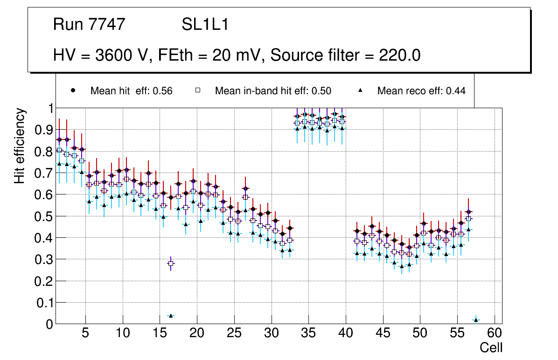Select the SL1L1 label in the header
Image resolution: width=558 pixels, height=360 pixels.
click(205, 25)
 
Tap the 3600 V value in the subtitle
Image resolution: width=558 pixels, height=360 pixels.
click(124, 55)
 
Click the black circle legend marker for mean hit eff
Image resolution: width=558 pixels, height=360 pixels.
click(72, 91)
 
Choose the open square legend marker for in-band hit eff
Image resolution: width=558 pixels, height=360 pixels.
click(197, 91)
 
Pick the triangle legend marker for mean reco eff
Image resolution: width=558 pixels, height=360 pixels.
click(360, 91)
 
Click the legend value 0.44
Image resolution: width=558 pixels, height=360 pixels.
click(456, 91)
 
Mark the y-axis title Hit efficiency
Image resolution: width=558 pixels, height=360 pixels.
click(20, 145)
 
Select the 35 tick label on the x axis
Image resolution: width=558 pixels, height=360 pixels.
click(308, 334)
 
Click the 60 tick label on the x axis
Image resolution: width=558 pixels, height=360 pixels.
click(495, 334)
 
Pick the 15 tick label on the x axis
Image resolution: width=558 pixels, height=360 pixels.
click(160, 334)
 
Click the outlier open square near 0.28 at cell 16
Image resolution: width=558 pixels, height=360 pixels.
click(171, 263)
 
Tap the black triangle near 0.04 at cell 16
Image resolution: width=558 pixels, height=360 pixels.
click(171, 316)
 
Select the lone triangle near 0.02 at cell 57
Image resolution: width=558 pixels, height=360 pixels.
click(476, 320)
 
